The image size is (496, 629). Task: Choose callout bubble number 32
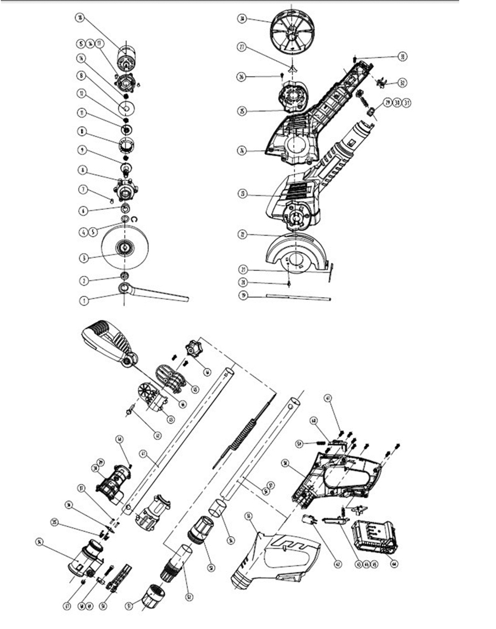click(x=403, y=83)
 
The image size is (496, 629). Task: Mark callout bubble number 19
click(x=243, y=296)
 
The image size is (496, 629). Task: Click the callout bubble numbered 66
click(x=208, y=373)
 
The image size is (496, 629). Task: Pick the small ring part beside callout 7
click(x=111, y=199)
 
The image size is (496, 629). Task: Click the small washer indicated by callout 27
click(x=292, y=67)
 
